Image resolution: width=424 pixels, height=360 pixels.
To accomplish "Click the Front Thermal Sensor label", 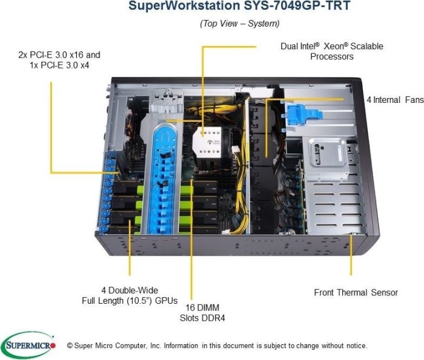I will pyautogui.click(x=356, y=293).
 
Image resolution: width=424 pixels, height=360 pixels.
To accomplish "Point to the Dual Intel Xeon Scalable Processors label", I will pyautogui.click(x=331, y=51).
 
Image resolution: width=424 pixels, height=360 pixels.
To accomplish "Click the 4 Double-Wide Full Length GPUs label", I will pyautogui.click(x=130, y=295).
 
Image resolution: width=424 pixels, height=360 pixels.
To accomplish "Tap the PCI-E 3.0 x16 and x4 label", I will pyautogui.click(x=59, y=59).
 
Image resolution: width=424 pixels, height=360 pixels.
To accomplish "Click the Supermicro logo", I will pyautogui.click(x=28, y=345).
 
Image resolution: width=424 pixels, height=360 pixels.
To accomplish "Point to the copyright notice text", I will pyautogui.click(x=217, y=345).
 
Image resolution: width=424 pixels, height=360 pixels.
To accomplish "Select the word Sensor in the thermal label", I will pyautogui.click(x=383, y=293).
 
